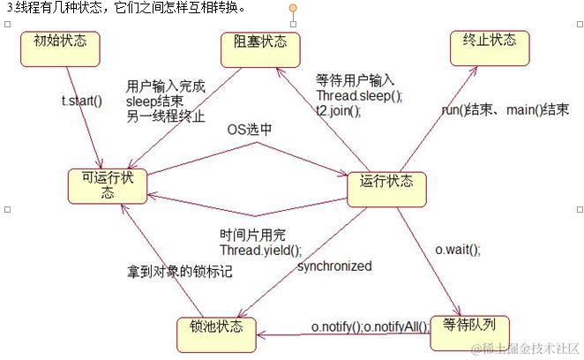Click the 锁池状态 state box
(217, 328)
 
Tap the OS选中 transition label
(250, 130)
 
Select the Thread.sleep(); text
(359, 96)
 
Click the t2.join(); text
(339, 110)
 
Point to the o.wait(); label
(459, 249)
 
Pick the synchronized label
(334, 266)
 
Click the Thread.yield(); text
(260, 250)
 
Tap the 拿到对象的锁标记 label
(179, 271)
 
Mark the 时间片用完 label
(253, 235)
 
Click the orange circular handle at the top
(294, 9)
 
